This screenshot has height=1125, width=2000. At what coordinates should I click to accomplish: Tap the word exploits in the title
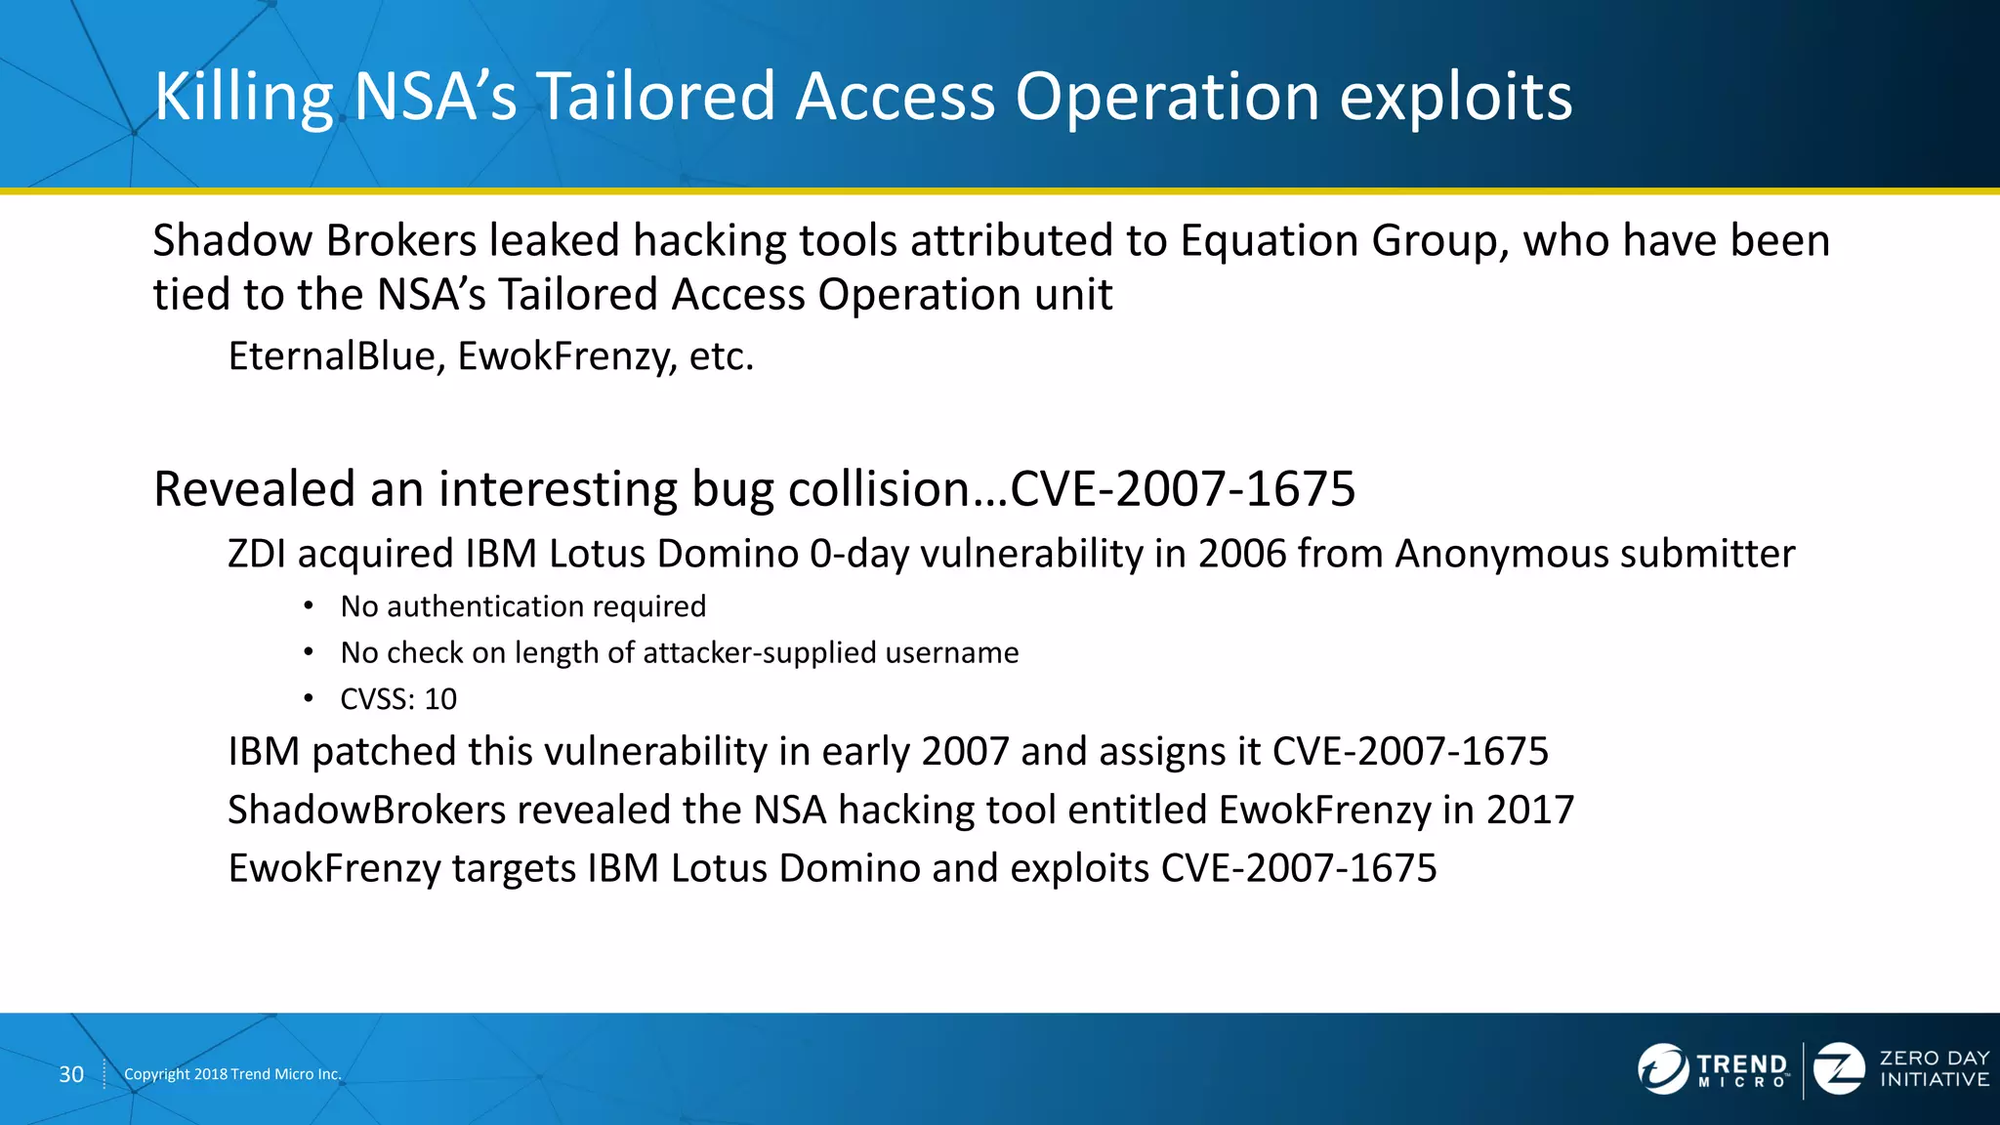[x=1455, y=98]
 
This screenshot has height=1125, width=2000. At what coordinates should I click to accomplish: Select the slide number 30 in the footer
[x=71, y=1074]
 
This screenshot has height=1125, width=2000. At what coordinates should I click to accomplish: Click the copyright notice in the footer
[x=232, y=1074]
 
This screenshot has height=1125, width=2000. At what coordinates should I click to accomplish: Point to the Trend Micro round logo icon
[x=1662, y=1068]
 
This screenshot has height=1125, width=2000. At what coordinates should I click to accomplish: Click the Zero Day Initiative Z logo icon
[x=1839, y=1068]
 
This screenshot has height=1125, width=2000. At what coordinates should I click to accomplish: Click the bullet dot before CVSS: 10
[x=309, y=698]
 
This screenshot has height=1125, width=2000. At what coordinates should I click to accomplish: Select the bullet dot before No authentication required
[x=309, y=606]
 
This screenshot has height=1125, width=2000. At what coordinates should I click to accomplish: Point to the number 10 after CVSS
[x=440, y=699]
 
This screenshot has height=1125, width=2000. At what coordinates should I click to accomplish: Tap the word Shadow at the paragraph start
[x=231, y=241]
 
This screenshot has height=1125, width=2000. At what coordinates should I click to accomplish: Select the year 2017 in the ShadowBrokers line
[x=1530, y=810]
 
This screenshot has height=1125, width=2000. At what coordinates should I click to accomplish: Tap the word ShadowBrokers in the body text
[x=366, y=810]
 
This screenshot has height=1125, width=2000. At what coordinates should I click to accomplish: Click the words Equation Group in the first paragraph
[x=1338, y=241]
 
